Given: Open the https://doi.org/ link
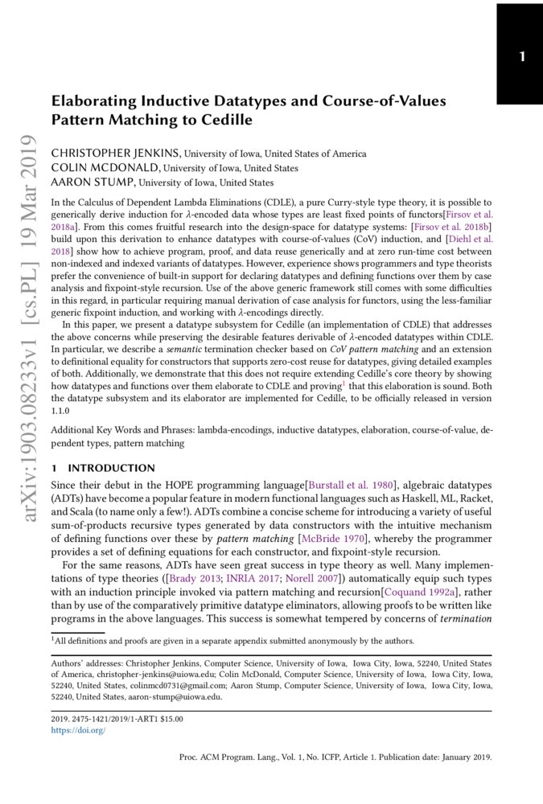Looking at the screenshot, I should (78, 731).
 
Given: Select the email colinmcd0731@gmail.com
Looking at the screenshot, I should (158, 686).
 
